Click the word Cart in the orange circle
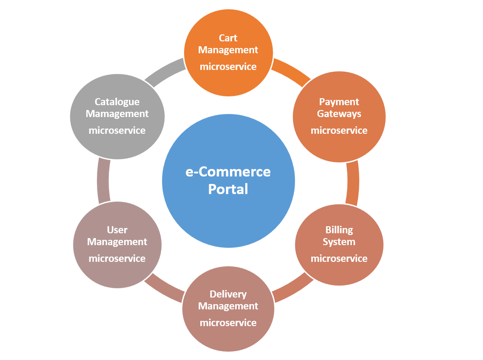pos(228,38)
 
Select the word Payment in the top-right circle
pos(339,102)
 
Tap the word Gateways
pos(339,114)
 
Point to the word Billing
pos(339,230)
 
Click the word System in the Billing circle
pos(339,242)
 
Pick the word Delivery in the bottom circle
pos(228,294)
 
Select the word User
pos(117,230)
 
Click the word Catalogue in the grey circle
pos(117,102)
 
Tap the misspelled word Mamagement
pos(117,114)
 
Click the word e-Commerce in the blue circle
pos(228,172)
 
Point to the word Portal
pos(228,189)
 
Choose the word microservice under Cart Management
pos(228,67)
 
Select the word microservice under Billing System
pos(339,258)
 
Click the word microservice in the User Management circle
pos(117,258)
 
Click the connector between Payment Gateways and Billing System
pos(353,183)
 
